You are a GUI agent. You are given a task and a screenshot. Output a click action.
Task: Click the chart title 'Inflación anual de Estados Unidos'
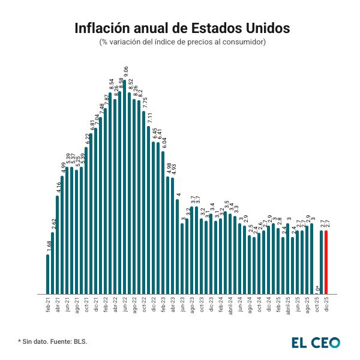pyautogui.click(x=182, y=29)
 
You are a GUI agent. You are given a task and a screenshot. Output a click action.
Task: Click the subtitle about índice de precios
pyautogui.click(x=182, y=42)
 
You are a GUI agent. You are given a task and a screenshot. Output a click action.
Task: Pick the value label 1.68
pyautogui.click(x=49, y=247)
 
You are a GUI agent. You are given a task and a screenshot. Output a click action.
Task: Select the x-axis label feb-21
pyautogui.click(x=48, y=303)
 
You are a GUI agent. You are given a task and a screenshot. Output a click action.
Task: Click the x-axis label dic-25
pyautogui.click(x=326, y=303)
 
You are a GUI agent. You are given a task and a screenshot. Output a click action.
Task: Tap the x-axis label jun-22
pyautogui.click(x=125, y=303)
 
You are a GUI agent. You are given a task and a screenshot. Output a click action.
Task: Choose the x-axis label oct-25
pyautogui.click(x=317, y=303)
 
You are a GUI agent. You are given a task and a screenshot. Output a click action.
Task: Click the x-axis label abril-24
pyautogui.click(x=230, y=304)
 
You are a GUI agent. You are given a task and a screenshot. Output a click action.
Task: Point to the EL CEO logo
pyautogui.click(x=316, y=342)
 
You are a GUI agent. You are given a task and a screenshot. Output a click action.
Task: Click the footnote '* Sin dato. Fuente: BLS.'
pyautogui.click(x=53, y=341)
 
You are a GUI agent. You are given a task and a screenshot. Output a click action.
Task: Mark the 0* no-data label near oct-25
pyautogui.click(x=317, y=289)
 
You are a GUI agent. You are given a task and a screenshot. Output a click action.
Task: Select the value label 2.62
pyautogui.click(x=53, y=224)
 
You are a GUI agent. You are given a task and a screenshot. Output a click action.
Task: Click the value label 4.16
pyautogui.click(x=58, y=188)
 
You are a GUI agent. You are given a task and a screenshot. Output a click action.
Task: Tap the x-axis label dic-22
pyautogui.click(x=154, y=303)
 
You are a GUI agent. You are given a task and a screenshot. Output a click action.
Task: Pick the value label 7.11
pyautogui.click(x=149, y=118)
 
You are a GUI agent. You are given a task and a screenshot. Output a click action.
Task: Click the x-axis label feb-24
pyautogui.click(x=221, y=303)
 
